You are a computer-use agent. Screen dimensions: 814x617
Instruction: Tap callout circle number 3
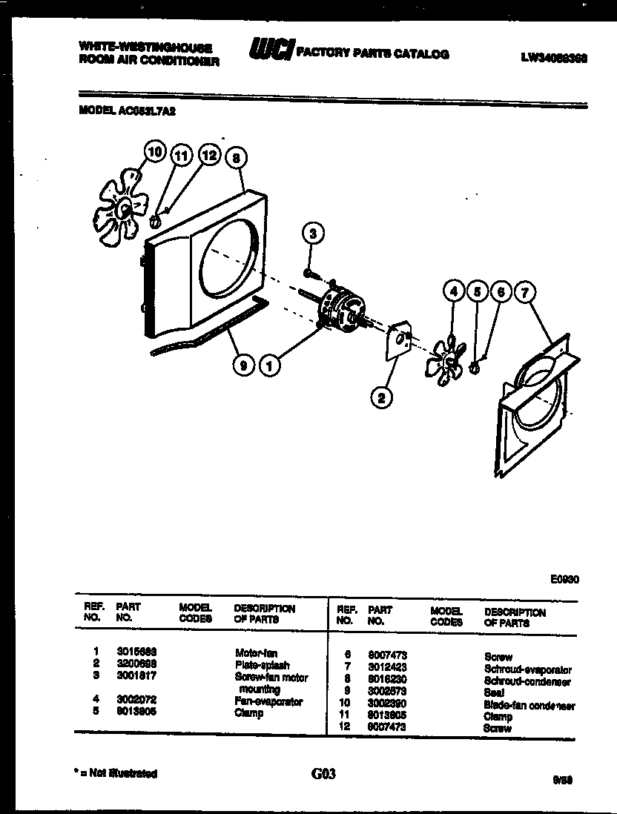(x=313, y=234)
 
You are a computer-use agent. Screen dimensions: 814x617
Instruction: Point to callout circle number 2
(x=381, y=398)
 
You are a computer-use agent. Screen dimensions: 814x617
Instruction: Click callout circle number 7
(x=525, y=293)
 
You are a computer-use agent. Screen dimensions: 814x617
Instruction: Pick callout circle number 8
(x=236, y=157)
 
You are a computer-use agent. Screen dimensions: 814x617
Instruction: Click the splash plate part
(x=397, y=341)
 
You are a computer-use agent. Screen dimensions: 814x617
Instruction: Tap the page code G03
(x=324, y=774)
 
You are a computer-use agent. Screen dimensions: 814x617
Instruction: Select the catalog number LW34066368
(x=554, y=55)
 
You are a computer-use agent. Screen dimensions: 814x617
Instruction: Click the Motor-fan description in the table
(x=257, y=653)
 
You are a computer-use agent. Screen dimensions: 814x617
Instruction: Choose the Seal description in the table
(x=494, y=692)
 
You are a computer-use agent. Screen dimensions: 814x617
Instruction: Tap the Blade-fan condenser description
(x=529, y=705)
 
